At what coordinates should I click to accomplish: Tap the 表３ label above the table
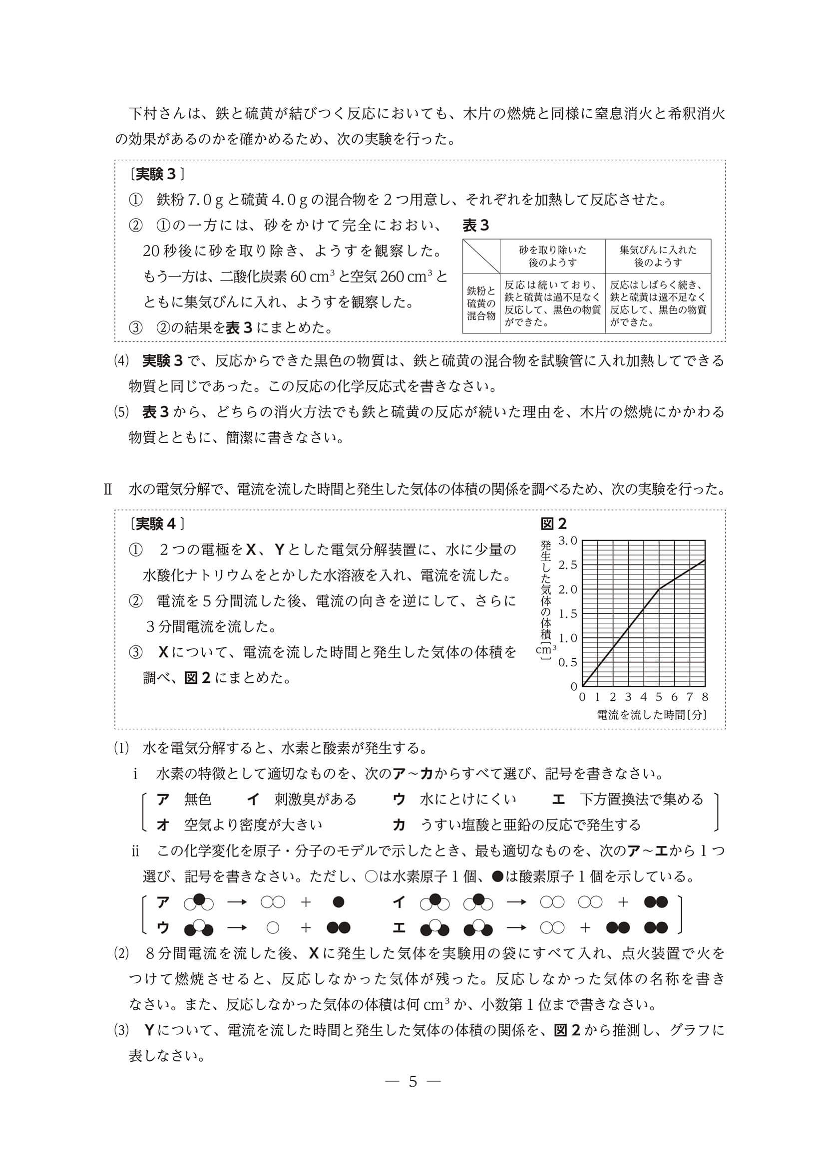(476, 225)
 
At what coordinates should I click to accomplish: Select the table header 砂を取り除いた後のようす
(552, 256)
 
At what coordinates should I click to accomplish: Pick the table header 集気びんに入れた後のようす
(658, 256)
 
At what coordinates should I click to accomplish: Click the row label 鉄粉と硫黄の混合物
(481, 303)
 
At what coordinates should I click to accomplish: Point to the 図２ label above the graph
(553, 524)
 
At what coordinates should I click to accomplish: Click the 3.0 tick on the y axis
(568, 540)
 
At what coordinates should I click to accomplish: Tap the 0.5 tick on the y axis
(568, 662)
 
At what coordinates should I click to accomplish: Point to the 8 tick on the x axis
(705, 697)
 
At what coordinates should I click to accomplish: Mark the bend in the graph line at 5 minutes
(659, 589)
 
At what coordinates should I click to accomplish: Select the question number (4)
(122, 361)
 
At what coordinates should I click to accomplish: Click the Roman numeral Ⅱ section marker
(108, 489)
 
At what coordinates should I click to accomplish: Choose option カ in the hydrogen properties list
(399, 825)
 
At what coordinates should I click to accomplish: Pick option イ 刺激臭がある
(253, 799)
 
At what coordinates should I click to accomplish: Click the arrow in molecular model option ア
(237, 902)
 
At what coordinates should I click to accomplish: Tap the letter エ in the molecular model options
(399, 928)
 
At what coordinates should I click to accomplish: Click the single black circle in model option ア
(338, 902)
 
